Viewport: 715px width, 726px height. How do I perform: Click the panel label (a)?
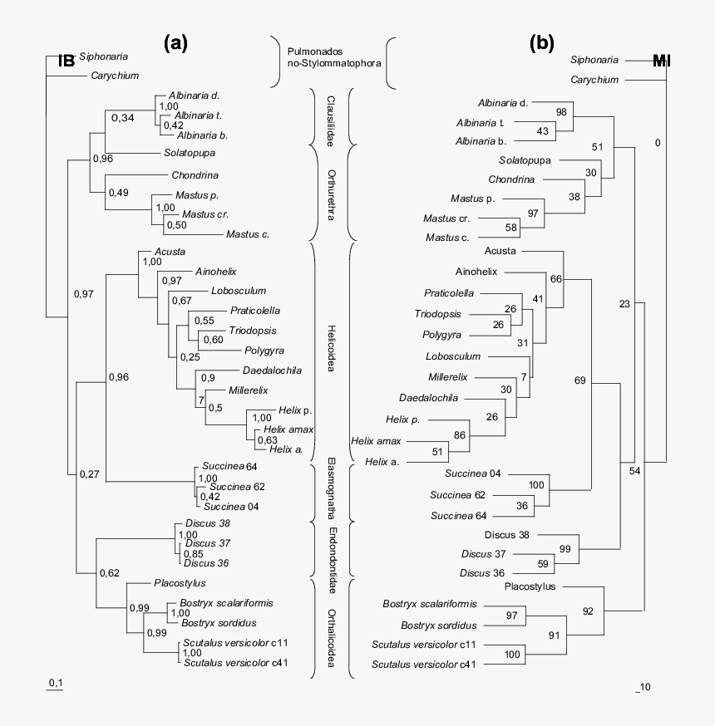175,44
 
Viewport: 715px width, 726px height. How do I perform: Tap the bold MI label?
663,61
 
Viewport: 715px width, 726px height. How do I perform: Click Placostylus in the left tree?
180,583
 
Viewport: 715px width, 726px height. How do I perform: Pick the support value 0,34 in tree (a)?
122,118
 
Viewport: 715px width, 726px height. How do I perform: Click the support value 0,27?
90,474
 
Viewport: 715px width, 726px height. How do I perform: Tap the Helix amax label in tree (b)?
377,441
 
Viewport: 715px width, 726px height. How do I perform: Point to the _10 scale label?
643,686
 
